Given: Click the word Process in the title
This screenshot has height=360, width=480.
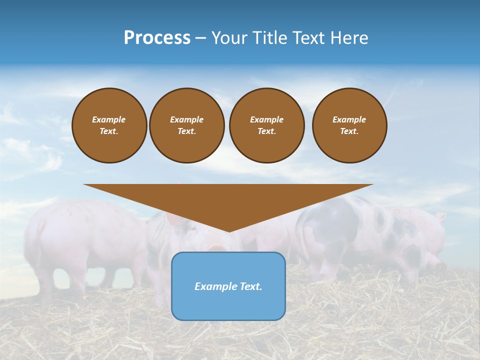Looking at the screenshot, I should (157, 38).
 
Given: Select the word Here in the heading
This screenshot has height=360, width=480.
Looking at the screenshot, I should (349, 38).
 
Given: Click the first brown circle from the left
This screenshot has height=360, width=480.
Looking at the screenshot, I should (109, 125).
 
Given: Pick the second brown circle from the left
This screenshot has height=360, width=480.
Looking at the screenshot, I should (187, 125).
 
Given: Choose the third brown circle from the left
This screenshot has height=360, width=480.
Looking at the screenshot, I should (267, 125).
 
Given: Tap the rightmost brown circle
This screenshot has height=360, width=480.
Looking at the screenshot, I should (349, 125).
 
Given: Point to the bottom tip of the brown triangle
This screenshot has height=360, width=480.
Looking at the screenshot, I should (228, 231).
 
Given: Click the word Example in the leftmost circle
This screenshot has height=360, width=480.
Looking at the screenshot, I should (109, 119).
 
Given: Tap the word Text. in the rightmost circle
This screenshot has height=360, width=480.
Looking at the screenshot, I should (349, 131).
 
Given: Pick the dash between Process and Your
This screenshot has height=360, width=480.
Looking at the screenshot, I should (201, 38).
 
